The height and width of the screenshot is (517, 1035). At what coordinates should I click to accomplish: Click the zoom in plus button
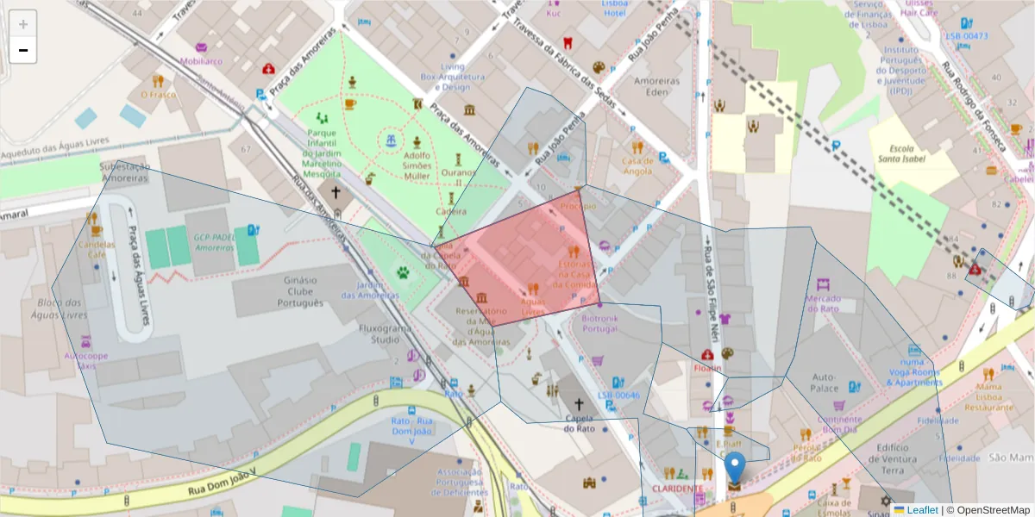coord(23,24)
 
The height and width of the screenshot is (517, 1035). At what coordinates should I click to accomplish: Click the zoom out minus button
coord(23,50)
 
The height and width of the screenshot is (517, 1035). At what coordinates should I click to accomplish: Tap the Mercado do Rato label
coord(822,302)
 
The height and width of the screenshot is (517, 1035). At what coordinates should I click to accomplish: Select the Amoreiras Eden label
coord(657,86)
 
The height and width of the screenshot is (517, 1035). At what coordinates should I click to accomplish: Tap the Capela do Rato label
coord(580,423)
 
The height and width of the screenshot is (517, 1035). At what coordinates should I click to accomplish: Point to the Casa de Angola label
coord(637,165)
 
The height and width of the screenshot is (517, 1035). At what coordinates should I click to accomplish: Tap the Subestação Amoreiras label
coord(125,171)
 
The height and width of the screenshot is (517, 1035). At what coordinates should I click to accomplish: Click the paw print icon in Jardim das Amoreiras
coord(403,272)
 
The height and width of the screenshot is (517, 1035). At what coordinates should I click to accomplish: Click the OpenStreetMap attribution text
coord(988,510)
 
